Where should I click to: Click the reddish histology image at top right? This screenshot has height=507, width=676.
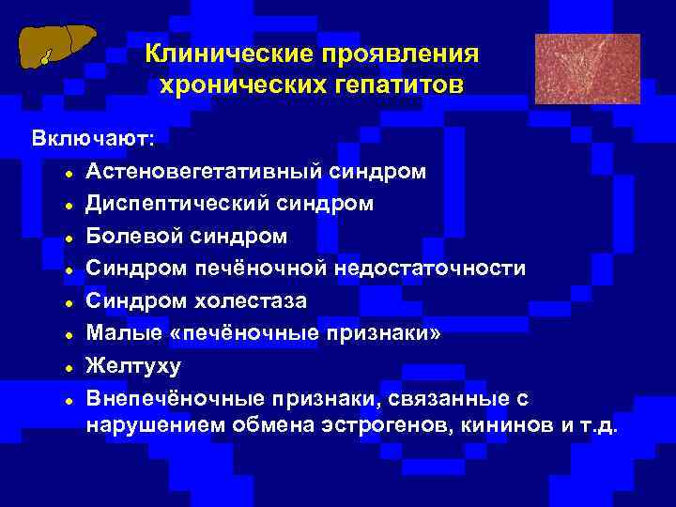pos(587,69)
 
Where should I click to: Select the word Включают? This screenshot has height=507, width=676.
pos(94,139)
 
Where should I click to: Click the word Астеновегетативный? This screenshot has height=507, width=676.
pos(206,172)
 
